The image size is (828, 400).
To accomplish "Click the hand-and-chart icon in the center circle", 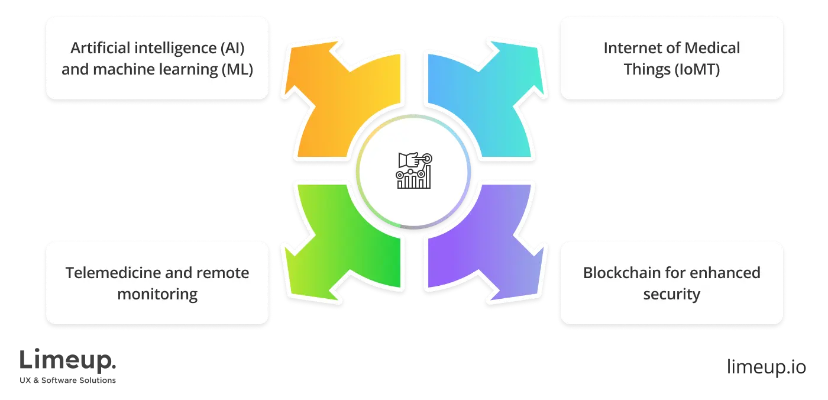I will pos(415,170).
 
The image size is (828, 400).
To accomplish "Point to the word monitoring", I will pos(157,294).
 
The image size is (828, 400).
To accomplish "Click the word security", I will pos(672,294).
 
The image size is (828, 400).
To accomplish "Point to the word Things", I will pos(646,69).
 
